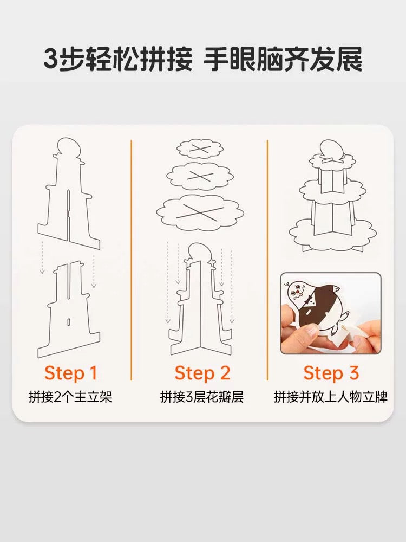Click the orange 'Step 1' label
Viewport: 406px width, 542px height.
[70, 373]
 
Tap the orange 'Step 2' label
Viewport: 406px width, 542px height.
[202, 373]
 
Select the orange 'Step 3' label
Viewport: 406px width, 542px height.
[331, 373]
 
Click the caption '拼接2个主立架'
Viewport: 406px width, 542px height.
[70, 397]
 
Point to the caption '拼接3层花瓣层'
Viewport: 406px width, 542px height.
[202, 397]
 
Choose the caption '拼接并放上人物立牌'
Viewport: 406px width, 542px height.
[331, 397]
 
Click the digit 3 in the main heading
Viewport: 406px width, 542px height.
[51, 60]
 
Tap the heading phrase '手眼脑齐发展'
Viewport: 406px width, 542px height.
[283, 60]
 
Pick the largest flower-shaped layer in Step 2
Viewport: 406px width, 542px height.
[199, 211]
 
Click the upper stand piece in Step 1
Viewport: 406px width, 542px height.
[69, 193]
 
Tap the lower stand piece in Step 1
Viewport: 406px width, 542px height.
[69, 309]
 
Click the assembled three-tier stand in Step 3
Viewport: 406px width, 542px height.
[332, 195]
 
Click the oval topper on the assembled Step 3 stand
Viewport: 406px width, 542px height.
[331, 149]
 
